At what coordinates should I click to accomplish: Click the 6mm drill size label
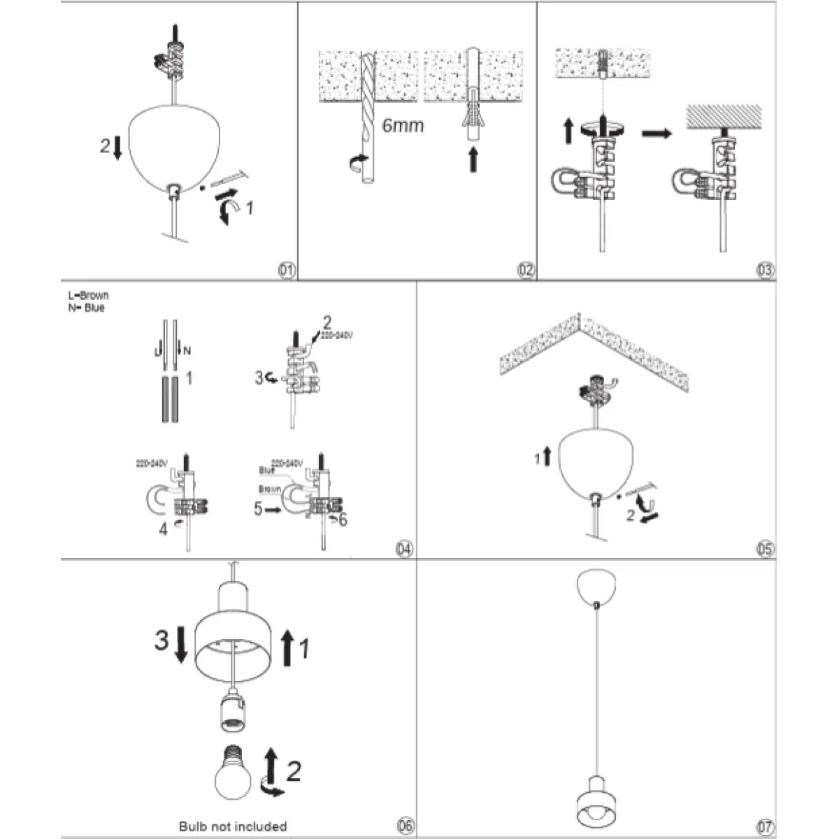[403, 126]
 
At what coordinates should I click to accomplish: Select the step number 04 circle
[404, 549]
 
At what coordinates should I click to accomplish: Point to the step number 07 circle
[766, 826]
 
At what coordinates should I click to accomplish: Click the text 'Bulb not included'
[233, 826]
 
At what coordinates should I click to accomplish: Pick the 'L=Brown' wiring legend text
[88, 296]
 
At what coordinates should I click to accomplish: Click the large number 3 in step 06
[162, 640]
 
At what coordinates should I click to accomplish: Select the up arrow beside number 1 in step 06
[286, 647]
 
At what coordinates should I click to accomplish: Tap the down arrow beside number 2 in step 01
[117, 148]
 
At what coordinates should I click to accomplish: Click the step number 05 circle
[766, 549]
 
